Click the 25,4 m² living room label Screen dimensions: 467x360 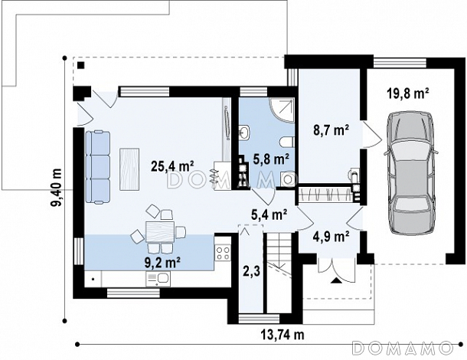click(x=172, y=165)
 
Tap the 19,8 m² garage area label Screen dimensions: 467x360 click(x=408, y=93)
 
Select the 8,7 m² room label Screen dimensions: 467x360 click(x=331, y=130)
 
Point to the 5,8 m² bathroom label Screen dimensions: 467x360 click(x=271, y=159)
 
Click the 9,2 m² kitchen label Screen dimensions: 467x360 click(x=162, y=262)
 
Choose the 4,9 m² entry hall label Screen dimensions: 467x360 click(x=331, y=237)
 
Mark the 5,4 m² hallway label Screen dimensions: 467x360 click(x=269, y=214)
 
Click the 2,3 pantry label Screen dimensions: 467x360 click(x=252, y=271)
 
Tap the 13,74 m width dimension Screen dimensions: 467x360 click(x=282, y=335)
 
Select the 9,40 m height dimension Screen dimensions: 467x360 click(x=57, y=188)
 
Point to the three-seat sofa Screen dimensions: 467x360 click(x=98, y=168)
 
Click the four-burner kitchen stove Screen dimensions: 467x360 click(x=223, y=253)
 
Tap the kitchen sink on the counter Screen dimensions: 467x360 click(x=158, y=279)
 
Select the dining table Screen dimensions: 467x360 click(x=160, y=231)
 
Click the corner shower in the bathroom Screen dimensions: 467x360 click(x=282, y=110)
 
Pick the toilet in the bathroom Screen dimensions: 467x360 click(x=287, y=142)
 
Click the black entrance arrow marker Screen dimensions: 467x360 click(x=335, y=280)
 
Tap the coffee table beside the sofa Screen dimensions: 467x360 click(x=129, y=169)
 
